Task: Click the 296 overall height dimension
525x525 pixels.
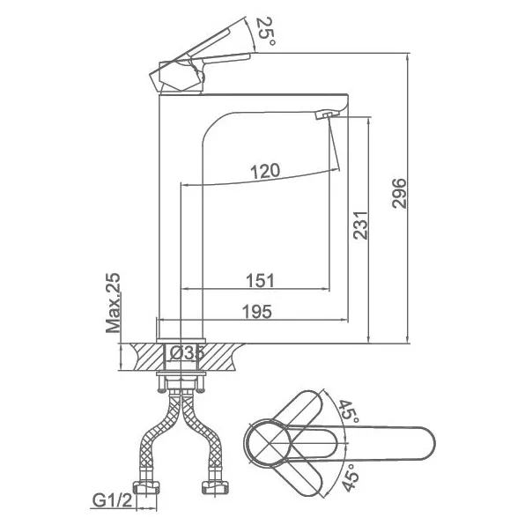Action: point(399,194)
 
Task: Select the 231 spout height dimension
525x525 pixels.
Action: point(360,225)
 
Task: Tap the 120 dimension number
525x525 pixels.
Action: point(265,171)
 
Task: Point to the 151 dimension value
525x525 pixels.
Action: point(260,280)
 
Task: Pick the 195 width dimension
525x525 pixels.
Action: point(257,312)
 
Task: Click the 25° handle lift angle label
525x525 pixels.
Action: point(266,31)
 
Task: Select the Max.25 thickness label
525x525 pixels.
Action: point(113,303)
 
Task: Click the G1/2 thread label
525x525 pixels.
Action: point(112,501)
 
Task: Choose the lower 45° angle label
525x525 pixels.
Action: point(351,477)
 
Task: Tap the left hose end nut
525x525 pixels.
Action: point(147,488)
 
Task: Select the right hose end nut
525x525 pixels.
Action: point(215,487)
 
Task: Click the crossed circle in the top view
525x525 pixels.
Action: point(269,443)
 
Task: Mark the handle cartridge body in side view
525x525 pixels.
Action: point(177,77)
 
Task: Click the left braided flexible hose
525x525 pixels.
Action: point(159,436)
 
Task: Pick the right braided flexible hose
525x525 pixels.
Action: point(202,436)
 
